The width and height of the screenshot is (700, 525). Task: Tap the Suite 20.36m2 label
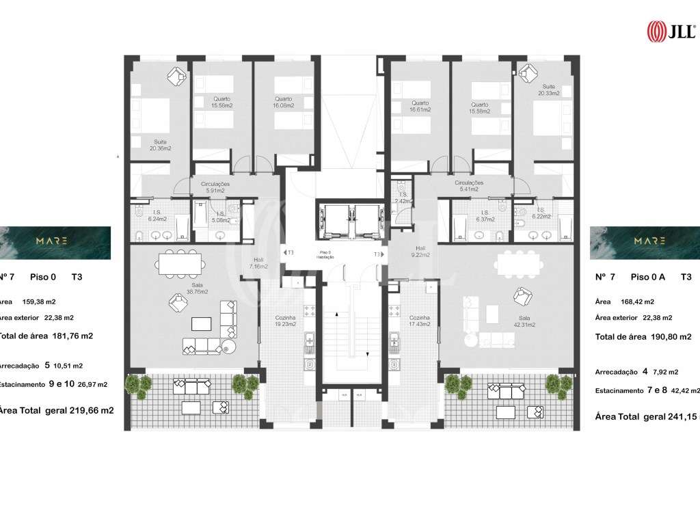coord(161,145)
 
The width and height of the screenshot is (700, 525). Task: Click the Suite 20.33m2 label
coord(548,90)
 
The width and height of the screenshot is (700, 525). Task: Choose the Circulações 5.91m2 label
coord(215,188)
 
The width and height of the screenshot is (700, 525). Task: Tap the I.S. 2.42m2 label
coord(404,198)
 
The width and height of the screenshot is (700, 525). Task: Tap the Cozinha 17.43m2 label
coord(420,321)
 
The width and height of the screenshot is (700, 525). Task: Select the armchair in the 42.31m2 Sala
coord(523,298)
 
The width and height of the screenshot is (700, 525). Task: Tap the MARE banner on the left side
coord(55,242)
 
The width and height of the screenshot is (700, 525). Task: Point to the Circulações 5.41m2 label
coord(469,187)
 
